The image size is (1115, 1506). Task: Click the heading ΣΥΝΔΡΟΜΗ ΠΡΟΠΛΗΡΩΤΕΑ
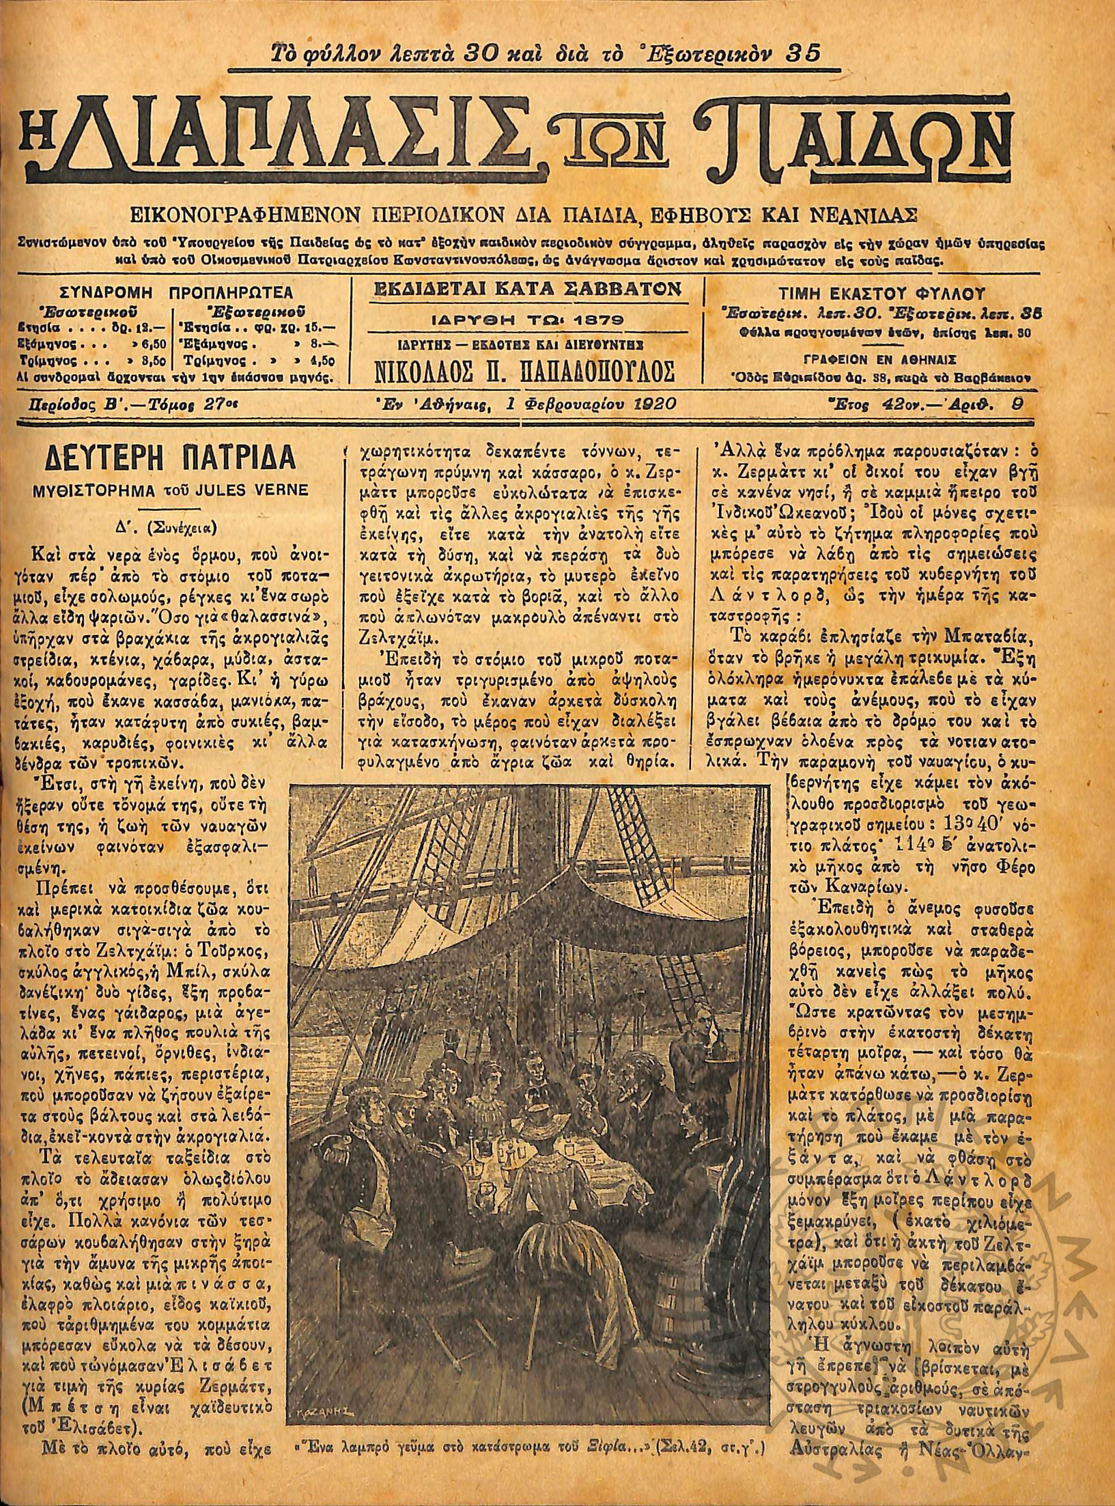(x=177, y=293)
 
